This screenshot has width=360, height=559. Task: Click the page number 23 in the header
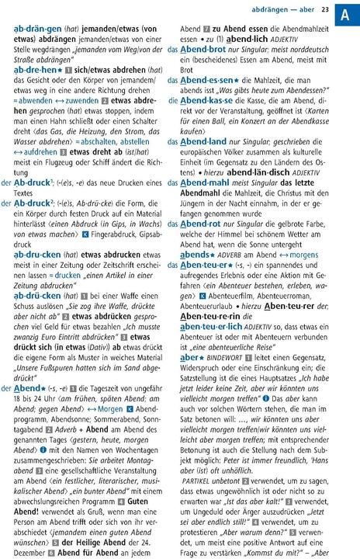pyautogui.click(x=324, y=9)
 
